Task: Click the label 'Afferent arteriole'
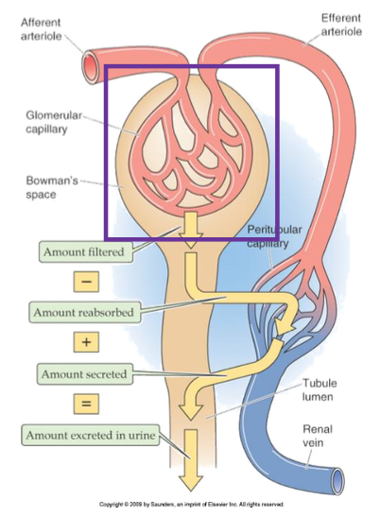[43, 29]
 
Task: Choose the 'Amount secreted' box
[83, 373]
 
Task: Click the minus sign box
[85, 281]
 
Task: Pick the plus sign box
[85, 342]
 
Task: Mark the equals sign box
[85, 404]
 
